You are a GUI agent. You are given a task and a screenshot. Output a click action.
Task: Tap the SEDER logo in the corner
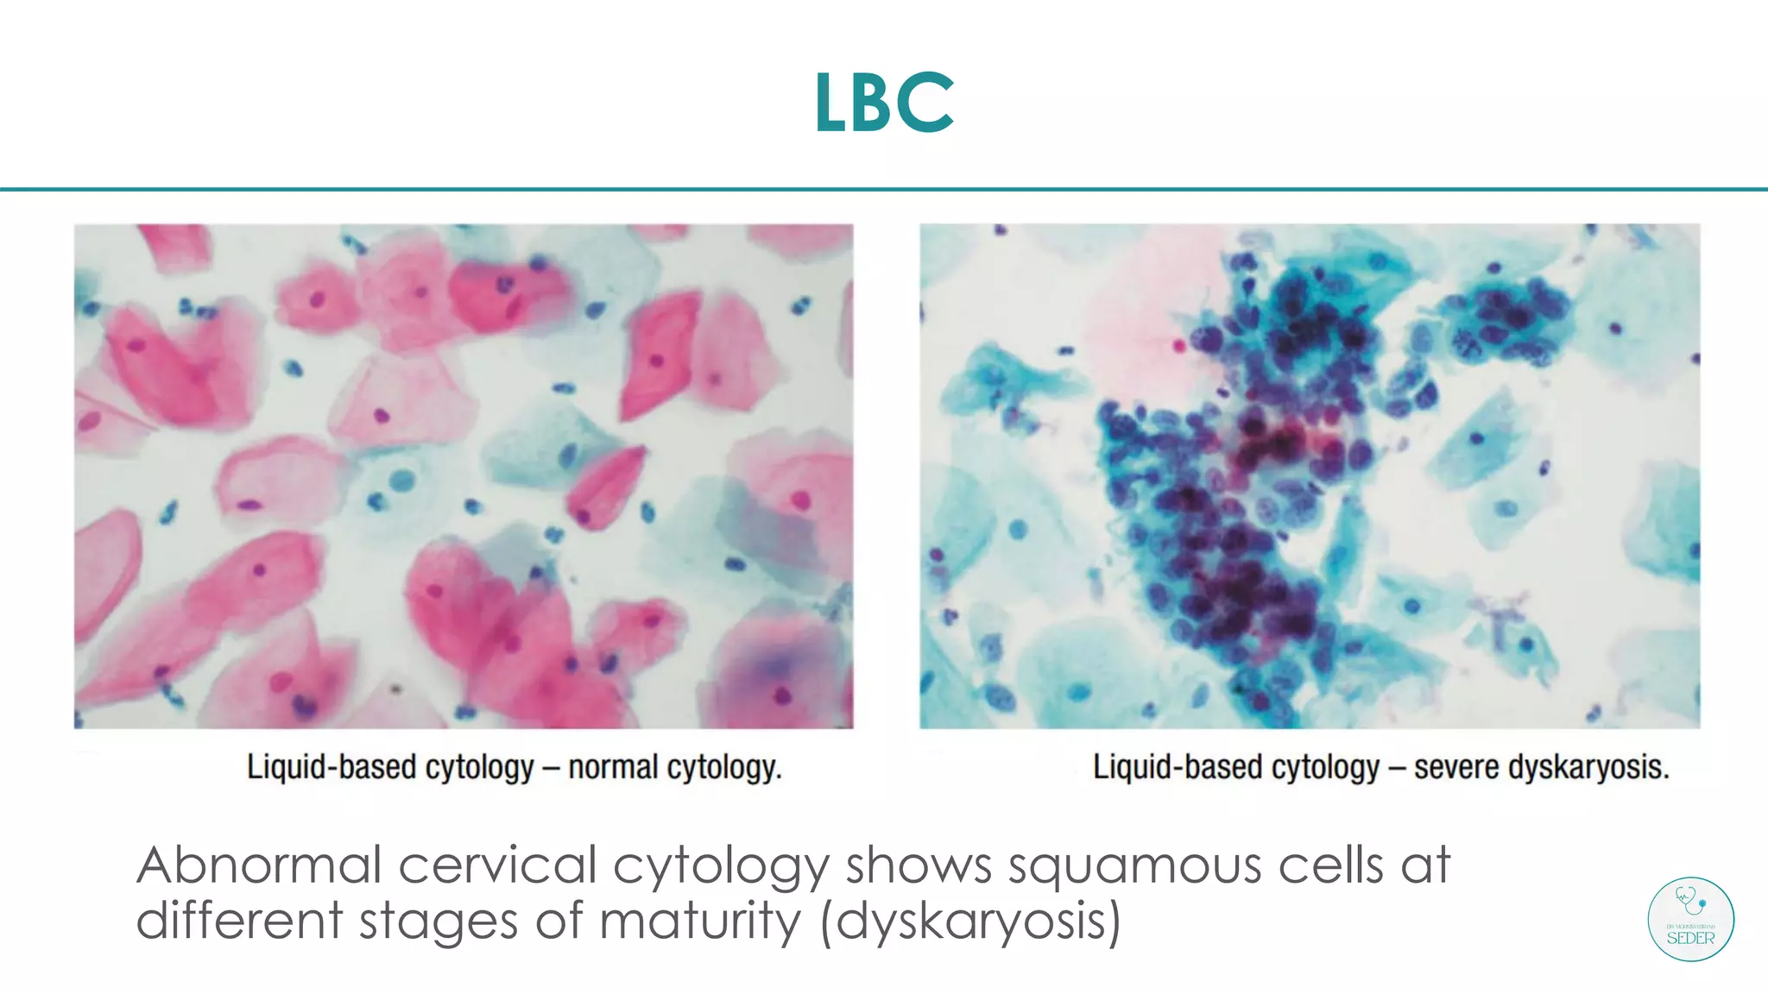coord(1690,920)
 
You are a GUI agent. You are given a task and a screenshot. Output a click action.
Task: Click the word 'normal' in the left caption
coord(612,767)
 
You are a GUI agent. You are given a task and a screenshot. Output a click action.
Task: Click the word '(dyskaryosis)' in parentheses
coord(970,922)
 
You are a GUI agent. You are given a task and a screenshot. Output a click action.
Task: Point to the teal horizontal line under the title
coord(884,189)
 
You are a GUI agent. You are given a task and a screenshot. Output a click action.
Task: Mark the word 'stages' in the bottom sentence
coord(439,922)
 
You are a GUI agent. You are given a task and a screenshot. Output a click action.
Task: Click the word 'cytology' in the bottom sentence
coord(721,866)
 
